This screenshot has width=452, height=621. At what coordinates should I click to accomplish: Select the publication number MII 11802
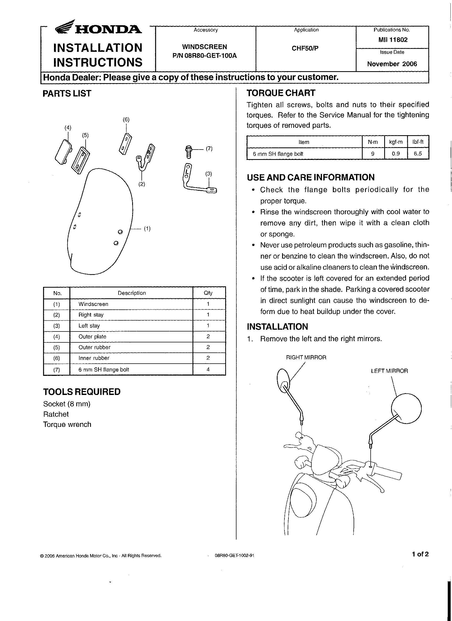[x=393, y=40]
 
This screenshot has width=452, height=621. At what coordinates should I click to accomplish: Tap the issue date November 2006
[x=392, y=64]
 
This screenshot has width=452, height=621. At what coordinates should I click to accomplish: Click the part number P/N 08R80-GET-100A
[x=204, y=56]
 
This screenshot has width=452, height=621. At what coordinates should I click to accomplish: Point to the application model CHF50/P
[x=305, y=48]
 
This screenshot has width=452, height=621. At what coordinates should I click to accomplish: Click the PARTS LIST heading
[x=67, y=93]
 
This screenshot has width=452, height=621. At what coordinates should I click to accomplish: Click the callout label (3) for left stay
[x=208, y=174]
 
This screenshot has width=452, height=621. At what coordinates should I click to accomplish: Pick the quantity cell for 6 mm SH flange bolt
[x=208, y=369]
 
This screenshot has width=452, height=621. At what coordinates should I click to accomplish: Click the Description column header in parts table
[x=132, y=293]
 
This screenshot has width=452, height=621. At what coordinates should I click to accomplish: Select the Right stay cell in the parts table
[x=91, y=315]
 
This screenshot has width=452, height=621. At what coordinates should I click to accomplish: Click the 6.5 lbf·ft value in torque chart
[x=418, y=154]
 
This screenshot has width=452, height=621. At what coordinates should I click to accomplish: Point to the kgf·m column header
[x=396, y=142]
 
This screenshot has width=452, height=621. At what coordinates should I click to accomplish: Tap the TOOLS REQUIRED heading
[x=82, y=392]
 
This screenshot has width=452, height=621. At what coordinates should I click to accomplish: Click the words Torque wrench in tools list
[x=67, y=424]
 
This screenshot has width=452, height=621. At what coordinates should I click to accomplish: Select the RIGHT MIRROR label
[x=306, y=358]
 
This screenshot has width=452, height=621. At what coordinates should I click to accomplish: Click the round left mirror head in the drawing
[x=406, y=409]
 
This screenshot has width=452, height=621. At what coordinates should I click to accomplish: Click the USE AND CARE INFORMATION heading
[x=311, y=177]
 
